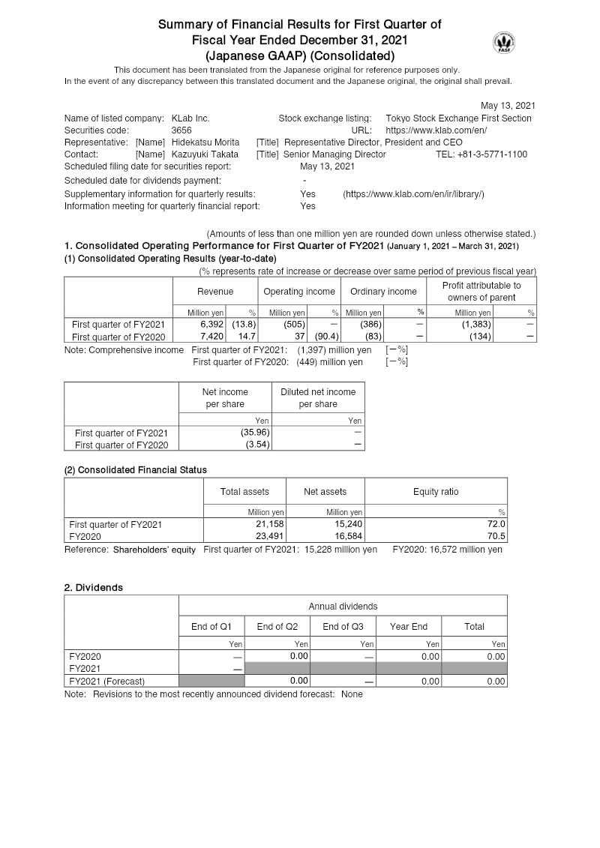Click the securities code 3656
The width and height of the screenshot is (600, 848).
(x=181, y=130)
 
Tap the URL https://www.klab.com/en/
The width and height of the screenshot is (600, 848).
(x=436, y=130)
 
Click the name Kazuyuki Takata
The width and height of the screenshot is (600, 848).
(x=199, y=154)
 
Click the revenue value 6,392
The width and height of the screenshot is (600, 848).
(x=212, y=325)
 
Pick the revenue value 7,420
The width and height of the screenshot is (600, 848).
(x=212, y=337)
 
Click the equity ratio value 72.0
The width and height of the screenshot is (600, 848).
(x=497, y=524)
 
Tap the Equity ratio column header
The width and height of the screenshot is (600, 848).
(x=436, y=492)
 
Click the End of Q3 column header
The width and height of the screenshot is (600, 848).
(x=343, y=626)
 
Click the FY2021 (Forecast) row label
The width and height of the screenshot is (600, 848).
(x=106, y=681)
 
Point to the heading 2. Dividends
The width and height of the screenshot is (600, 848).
(x=94, y=587)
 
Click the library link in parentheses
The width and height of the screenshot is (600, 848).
(x=413, y=194)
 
